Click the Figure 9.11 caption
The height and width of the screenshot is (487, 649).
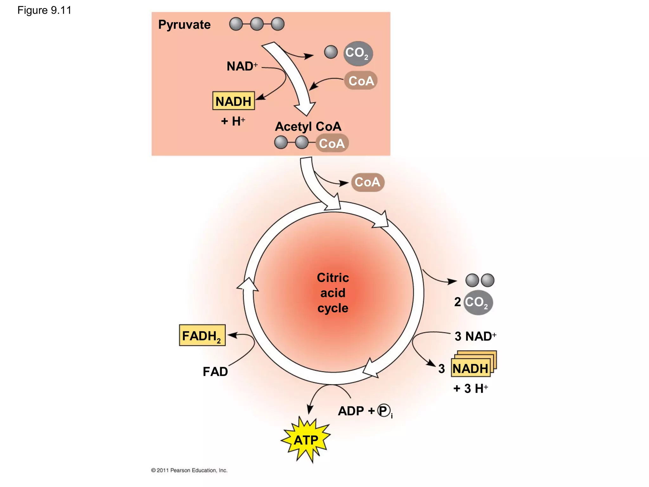44,10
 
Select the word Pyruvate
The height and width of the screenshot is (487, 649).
184,25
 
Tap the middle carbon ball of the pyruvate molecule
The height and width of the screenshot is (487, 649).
257,24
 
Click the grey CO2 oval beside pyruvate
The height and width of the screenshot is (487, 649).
358,53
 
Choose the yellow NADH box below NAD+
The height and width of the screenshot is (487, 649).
234,101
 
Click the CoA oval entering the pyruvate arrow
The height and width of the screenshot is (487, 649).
361,81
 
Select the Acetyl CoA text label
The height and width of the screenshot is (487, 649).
308,127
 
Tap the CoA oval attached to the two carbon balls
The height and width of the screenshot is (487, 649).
332,143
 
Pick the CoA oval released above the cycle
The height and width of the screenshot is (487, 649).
368,182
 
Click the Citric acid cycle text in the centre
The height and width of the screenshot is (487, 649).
333,293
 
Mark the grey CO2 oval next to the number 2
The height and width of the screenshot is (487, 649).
478,302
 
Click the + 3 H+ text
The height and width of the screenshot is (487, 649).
471,388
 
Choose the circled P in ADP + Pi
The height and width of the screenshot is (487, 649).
383,411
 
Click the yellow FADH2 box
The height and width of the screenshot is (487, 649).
202,335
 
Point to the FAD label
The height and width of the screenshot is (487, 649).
215,372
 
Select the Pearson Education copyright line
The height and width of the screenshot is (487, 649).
189,470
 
